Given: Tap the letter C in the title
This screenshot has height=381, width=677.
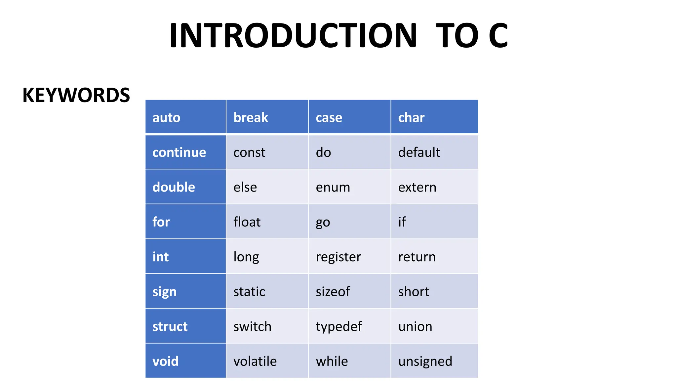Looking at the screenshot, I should pos(498,35).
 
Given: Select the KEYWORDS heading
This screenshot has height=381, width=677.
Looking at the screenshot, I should pos(76,95).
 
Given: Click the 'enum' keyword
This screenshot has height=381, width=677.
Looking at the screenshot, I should pos(333,187).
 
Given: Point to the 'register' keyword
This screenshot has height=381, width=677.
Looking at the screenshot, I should pos(338,257).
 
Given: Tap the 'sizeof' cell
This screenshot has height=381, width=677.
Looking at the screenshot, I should pos(333,292).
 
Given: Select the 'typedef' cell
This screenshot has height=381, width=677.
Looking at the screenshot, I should pos(339,326).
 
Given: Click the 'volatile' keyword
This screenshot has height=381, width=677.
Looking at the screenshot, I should pos(255,361).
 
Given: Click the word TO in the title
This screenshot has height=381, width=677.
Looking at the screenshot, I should pos(457,35).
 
